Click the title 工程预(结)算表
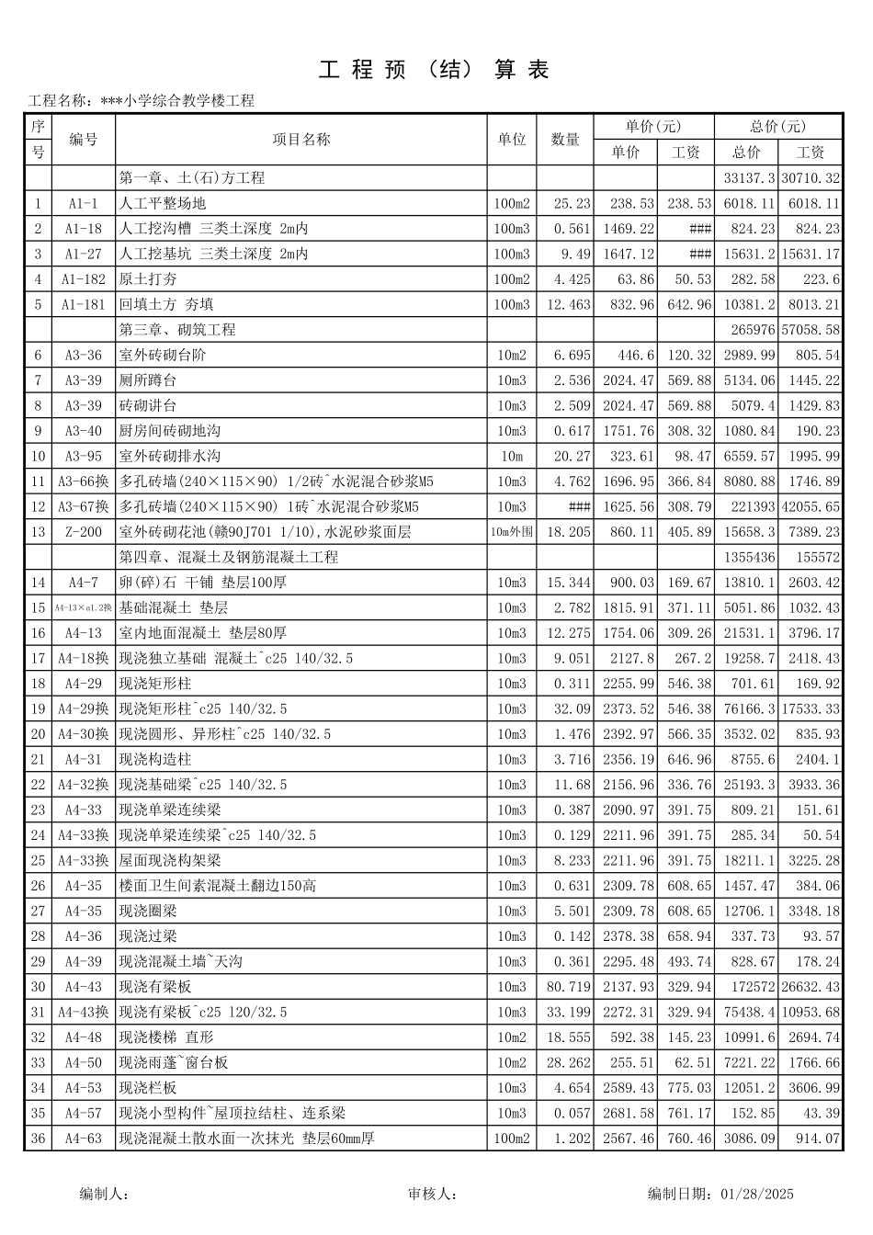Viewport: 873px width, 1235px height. [434, 70]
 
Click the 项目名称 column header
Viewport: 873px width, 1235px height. [301, 140]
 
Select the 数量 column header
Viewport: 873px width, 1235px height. [565, 140]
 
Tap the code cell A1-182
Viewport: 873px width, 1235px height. [84, 279]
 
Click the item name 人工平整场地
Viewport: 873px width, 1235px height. [163, 204]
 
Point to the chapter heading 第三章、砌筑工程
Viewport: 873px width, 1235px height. [177, 330]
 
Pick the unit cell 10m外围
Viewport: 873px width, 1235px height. [512, 532]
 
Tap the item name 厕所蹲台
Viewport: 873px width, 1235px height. [148, 380]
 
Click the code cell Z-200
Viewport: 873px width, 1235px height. [84, 532]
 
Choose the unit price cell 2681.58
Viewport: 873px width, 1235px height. [629, 1114]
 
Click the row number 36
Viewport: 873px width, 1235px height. [38, 1139]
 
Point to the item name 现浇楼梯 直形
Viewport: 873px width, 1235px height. [166, 1037]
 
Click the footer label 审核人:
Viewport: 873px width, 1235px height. [432, 1195]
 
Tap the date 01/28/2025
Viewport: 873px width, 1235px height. [757, 1195]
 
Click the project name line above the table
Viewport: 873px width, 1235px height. [142, 101]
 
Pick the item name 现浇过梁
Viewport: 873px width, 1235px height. [148, 936]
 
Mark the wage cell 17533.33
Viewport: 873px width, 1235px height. [811, 709]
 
